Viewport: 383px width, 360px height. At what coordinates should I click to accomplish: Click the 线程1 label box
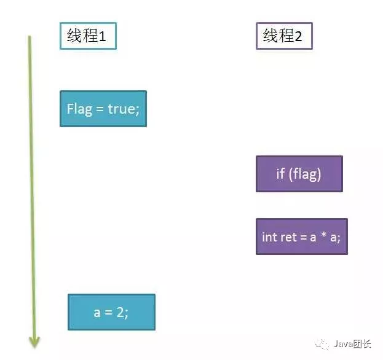pyautogui.click(x=87, y=36)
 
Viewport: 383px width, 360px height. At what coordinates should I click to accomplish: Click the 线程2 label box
pyautogui.click(x=283, y=36)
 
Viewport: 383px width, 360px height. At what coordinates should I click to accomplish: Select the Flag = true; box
pyautogui.click(x=103, y=109)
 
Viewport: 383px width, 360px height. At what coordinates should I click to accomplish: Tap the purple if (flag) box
pyautogui.click(x=299, y=174)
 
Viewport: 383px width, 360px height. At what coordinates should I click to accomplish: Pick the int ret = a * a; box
pyautogui.click(x=301, y=237)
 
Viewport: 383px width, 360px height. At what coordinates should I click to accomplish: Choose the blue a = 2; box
pyautogui.click(x=111, y=312)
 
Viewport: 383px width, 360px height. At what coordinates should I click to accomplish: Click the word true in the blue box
pyautogui.click(x=121, y=109)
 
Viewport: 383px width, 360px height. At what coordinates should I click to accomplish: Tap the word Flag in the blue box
pyautogui.click(x=79, y=109)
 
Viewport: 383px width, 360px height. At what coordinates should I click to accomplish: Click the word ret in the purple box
pyautogui.click(x=288, y=237)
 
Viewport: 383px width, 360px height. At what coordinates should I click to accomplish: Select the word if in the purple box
pyautogui.click(x=280, y=174)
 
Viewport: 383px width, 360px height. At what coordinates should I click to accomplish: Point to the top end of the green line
pyautogui.click(x=29, y=37)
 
